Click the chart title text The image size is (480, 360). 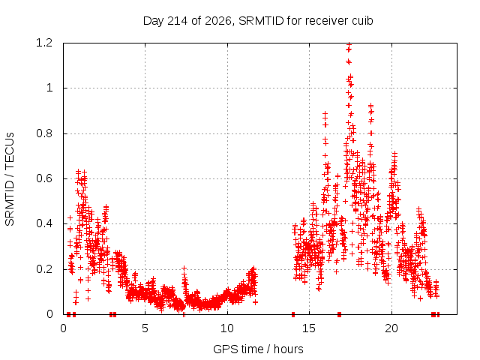258,21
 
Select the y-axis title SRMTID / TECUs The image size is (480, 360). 10,179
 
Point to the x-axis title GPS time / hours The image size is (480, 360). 258,349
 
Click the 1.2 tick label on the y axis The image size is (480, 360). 44,43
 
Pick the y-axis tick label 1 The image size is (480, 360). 49,88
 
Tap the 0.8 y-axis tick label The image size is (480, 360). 44,133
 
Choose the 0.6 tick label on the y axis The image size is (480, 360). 44,178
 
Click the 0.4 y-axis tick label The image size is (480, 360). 44,223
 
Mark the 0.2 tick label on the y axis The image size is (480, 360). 44,269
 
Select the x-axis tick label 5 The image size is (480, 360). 145,328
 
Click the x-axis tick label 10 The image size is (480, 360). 227,328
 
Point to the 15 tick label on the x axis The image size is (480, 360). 309,328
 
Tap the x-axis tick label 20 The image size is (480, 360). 391,328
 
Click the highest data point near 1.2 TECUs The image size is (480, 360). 349,45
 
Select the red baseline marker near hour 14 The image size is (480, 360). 293,314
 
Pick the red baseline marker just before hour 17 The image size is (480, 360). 339,314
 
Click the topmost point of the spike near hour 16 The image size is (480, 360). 325,113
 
